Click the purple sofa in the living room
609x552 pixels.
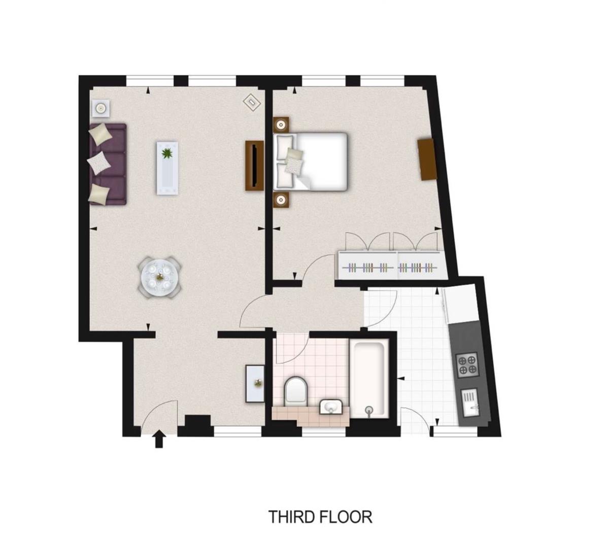109,164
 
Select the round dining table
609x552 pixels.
160,277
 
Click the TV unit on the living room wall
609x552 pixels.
254,166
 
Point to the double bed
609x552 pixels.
310,161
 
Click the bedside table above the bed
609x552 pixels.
281,125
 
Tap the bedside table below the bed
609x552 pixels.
281,200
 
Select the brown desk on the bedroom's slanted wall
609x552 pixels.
427,159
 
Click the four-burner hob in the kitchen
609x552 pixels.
467,365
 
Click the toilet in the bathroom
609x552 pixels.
296,391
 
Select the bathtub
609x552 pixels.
369,380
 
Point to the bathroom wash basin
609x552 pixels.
331,407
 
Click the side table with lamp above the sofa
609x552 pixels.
100,107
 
